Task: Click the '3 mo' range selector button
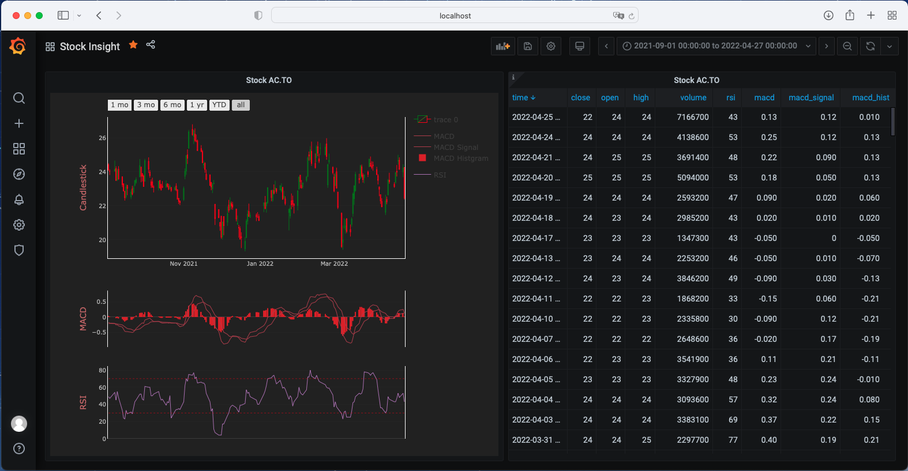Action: (x=146, y=105)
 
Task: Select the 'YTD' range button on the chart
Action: (x=219, y=105)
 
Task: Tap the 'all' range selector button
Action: (x=241, y=105)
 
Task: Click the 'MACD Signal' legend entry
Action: (x=456, y=148)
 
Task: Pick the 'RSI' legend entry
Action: (x=440, y=175)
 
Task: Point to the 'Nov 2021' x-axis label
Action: (x=183, y=264)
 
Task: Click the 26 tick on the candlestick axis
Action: (x=102, y=138)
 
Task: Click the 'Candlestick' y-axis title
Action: (x=83, y=187)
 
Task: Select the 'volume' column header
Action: (x=693, y=97)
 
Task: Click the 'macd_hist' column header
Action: (x=871, y=97)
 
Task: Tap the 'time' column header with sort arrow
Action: (x=523, y=97)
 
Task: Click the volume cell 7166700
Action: (x=692, y=117)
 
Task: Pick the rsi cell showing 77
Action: (x=733, y=440)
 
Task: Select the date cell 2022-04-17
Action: (x=535, y=238)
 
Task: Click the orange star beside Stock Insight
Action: (x=133, y=45)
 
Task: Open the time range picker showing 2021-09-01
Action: (x=716, y=46)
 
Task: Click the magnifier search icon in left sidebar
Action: (x=19, y=98)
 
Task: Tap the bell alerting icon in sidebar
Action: (x=19, y=199)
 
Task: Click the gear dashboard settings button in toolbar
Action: (x=551, y=46)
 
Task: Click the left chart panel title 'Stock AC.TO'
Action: (x=269, y=80)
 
